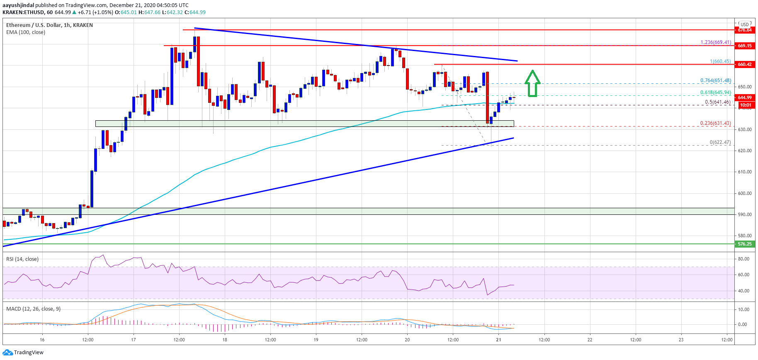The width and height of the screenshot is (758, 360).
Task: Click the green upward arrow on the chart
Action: [532, 84]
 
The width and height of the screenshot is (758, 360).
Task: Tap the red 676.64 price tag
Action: [744, 30]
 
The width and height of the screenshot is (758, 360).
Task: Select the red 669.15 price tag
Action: [744, 46]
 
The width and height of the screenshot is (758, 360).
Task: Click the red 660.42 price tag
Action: [744, 64]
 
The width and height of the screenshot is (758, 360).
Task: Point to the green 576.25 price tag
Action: [744, 244]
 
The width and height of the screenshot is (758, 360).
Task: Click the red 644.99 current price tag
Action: [744, 97]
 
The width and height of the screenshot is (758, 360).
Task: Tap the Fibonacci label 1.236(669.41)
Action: [715, 42]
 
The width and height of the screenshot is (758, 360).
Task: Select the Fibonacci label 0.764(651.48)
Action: [715, 80]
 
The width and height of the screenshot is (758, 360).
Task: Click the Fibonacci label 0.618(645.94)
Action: [715, 92]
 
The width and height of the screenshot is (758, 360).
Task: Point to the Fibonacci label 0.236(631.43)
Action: [715, 123]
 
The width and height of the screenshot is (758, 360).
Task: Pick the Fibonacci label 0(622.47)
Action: [720, 142]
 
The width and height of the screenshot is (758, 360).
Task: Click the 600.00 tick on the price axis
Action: [745, 193]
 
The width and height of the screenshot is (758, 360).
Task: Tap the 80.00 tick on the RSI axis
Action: [744, 259]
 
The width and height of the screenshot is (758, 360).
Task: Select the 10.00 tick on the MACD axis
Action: [744, 309]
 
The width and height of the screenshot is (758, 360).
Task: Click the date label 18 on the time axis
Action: [225, 340]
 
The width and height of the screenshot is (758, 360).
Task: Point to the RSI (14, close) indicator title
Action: [22, 259]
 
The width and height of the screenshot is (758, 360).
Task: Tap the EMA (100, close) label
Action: [26, 32]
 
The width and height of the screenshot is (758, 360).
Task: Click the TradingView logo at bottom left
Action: [23, 353]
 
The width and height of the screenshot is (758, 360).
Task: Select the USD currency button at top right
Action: [745, 24]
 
